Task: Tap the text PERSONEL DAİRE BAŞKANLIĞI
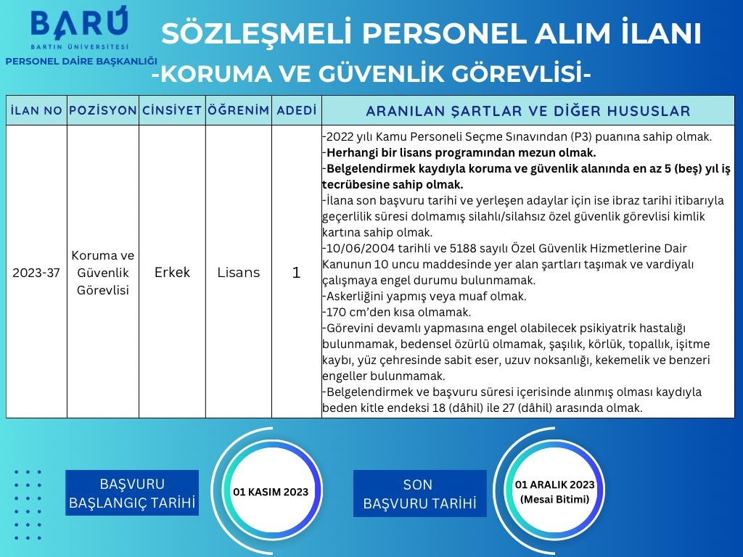pos(81,62)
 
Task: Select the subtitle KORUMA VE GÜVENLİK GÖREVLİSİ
pos(371,73)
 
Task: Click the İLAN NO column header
pos(36,111)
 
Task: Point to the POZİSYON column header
pos(102,111)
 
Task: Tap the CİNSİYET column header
pos(172,111)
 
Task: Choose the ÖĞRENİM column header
pos(238,111)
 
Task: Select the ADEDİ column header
pos(297,111)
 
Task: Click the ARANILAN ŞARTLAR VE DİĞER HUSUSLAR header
pos(528,111)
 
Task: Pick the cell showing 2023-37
pos(36,273)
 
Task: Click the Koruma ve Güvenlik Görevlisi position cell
pos(102,273)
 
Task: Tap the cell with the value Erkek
pos(172,273)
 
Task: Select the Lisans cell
pos(238,273)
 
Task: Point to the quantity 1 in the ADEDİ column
pos(296,273)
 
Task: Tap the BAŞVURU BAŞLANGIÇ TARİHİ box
pos(132,493)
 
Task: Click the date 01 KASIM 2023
pos(271,492)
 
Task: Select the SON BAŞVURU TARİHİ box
pos(419,494)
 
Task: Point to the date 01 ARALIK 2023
pos(554,485)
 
